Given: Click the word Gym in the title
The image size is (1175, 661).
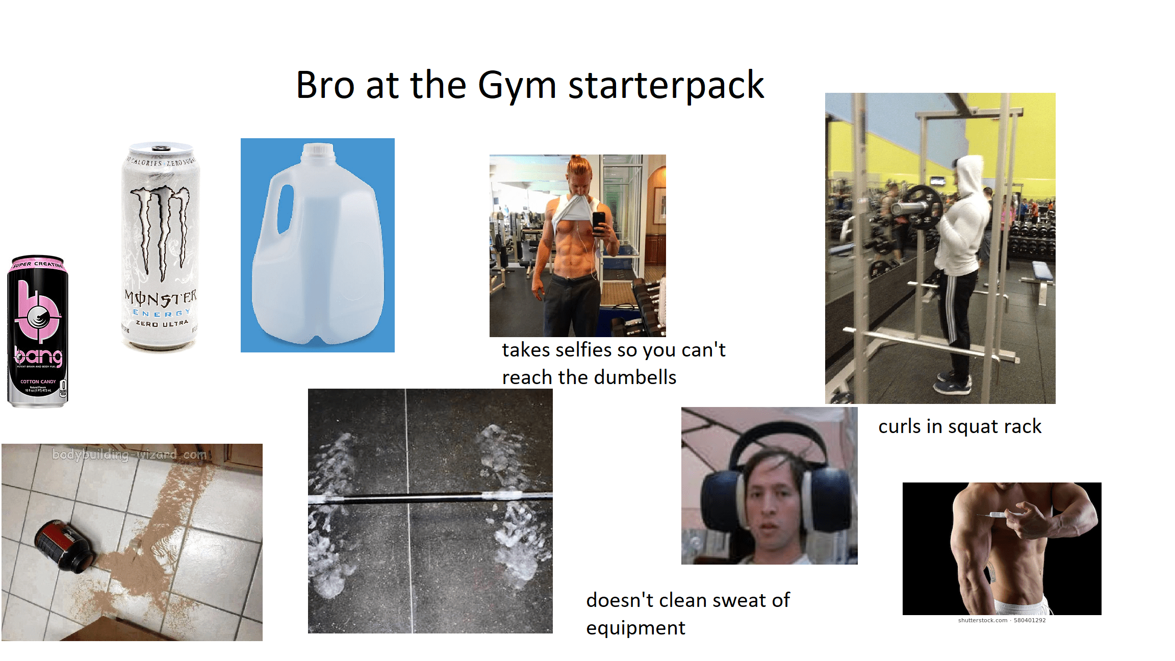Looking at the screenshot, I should [x=516, y=86].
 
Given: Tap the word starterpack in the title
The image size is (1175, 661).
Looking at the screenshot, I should [x=666, y=86].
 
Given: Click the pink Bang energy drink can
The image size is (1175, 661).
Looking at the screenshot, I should [x=38, y=332].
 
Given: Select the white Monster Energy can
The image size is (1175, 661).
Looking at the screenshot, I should [x=161, y=247].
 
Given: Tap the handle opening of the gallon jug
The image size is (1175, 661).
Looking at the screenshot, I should [x=285, y=209].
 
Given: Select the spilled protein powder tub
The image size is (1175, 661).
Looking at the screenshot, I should [x=64, y=546].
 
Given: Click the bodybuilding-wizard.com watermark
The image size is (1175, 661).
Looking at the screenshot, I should [x=130, y=454].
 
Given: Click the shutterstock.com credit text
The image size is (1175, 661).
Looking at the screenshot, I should [x=982, y=621].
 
